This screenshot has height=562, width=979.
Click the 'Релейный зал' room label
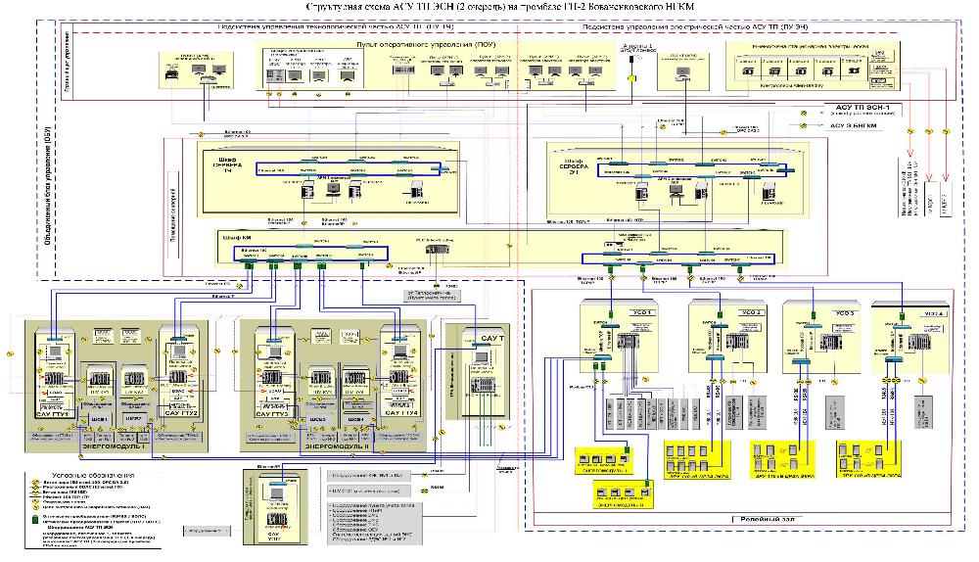761,520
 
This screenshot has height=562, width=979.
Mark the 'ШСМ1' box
98,419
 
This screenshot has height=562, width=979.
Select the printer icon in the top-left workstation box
173,72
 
